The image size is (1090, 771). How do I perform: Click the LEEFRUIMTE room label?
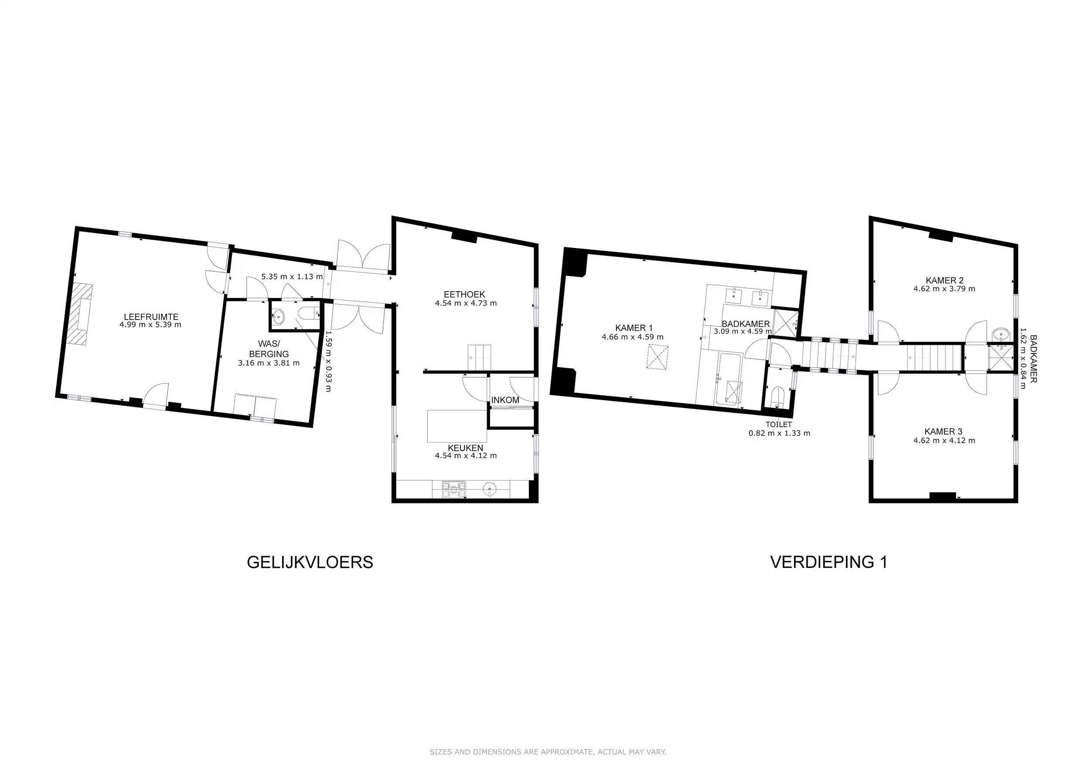[151, 317]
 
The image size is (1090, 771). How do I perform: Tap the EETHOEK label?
[464, 295]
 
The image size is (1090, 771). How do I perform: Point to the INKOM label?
[505, 400]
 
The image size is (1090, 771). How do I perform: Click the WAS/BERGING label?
[269, 349]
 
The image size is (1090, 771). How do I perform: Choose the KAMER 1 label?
[634, 328]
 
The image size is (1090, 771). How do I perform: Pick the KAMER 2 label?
[944, 281]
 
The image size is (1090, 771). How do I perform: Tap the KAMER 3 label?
[943, 431]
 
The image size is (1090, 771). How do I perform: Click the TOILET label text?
[778, 425]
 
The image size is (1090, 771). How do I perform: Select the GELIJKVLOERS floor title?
[310, 562]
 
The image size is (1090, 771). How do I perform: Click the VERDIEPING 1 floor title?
[829, 562]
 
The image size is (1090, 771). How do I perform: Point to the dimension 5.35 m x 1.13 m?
[292, 277]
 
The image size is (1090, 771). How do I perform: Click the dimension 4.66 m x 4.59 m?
[633, 337]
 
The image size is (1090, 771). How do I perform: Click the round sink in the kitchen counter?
[490, 489]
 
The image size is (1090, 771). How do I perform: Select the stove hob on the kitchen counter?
[454, 489]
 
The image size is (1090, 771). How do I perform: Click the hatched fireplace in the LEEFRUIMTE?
[79, 314]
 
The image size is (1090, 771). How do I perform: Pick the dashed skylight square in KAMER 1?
[657, 357]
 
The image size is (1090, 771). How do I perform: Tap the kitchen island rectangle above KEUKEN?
[457, 426]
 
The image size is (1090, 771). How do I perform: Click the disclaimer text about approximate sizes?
[548, 752]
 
